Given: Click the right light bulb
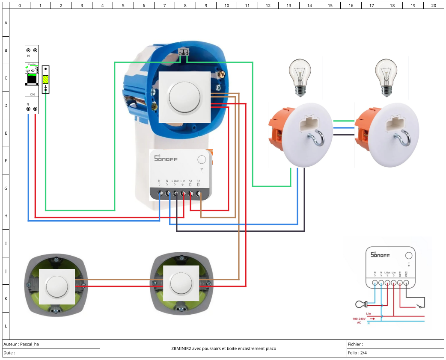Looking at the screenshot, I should click(387, 77).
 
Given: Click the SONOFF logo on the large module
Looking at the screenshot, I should click(165, 159).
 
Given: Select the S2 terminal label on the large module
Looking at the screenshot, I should click(198, 181).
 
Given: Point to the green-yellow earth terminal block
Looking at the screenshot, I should click(46, 79).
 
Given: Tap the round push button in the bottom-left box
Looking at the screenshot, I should click(57, 286).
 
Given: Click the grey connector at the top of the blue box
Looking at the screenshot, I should click(184, 53).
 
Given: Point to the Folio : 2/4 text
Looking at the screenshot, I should click(357, 353).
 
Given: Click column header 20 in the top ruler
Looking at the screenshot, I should click(434, 6).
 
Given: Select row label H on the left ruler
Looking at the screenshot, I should click(6, 216).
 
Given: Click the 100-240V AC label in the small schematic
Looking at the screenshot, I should click(359, 321).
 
